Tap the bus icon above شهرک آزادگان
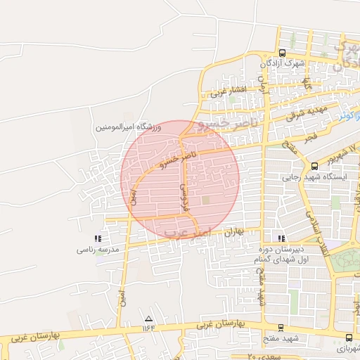(282, 53)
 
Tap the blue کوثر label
(343, 115)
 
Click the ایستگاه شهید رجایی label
(311, 177)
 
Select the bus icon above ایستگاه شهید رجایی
(314, 167)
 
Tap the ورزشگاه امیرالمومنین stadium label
(129, 127)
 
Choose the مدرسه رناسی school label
(98, 250)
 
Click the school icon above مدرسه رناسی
(97, 240)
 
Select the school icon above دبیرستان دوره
(282, 239)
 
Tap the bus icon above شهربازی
(349, 338)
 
